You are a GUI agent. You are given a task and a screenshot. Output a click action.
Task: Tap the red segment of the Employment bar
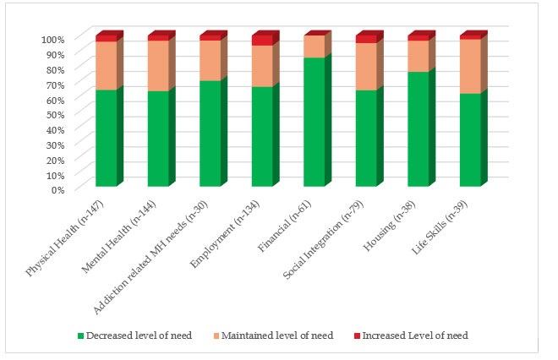(x=262, y=41)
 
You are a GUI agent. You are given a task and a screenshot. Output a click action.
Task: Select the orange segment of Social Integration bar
(x=366, y=66)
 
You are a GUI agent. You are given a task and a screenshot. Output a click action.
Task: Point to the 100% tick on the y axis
(x=52, y=40)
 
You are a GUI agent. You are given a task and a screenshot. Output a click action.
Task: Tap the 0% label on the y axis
(x=57, y=189)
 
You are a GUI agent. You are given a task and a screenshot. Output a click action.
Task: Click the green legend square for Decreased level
(x=82, y=335)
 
